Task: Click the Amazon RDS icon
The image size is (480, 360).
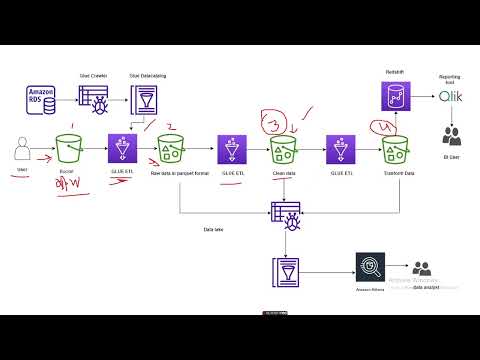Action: click(43, 101)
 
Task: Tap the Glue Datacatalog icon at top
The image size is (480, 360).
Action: click(148, 100)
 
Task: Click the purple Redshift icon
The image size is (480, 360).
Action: click(395, 96)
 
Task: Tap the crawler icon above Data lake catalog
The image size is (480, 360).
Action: click(285, 212)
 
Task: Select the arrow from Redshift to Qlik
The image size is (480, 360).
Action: click(424, 97)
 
